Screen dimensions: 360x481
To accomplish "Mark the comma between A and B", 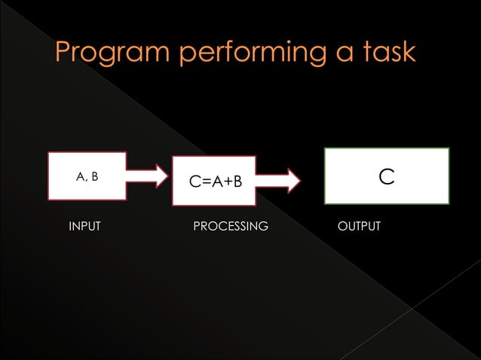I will pyautogui.click(x=87, y=180).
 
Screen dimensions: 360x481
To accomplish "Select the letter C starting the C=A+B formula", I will pyautogui.click(x=195, y=182).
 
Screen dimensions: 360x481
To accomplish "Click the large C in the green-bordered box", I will pyautogui.click(x=387, y=176).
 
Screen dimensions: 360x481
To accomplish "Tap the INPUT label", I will pyautogui.click(x=84, y=226).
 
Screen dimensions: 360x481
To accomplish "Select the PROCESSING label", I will pyautogui.click(x=231, y=226).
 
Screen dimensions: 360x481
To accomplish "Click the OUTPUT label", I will pyautogui.click(x=359, y=226).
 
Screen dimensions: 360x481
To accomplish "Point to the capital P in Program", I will pyautogui.click(x=65, y=53).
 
